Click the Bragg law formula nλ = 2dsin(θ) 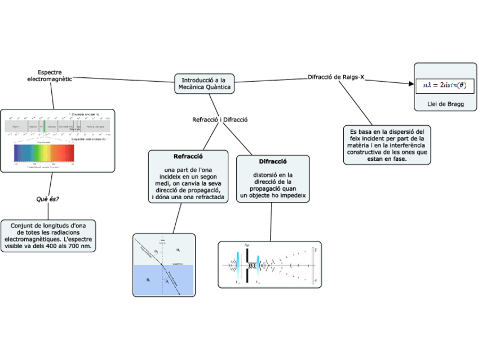point(445,85)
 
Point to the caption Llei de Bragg point(445,104)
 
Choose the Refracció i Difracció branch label point(220,120)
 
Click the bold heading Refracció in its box point(188,156)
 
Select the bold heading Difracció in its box point(273,161)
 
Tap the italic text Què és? point(48,199)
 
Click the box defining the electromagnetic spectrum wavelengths point(48,236)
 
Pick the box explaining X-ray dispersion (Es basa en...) point(386,144)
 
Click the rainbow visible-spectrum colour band point(44,152)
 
